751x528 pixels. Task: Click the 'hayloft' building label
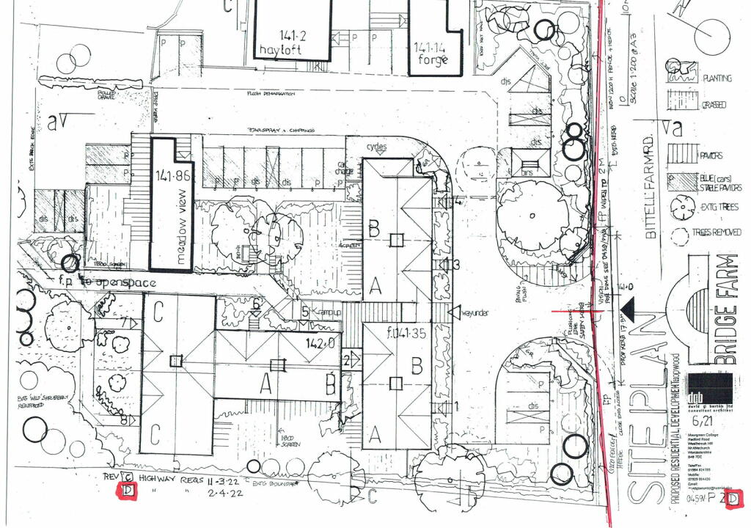(292, 50)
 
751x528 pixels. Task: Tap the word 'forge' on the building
(432, 61)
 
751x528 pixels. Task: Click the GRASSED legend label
(714, 105)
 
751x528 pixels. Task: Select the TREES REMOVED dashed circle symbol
(678, 232)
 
